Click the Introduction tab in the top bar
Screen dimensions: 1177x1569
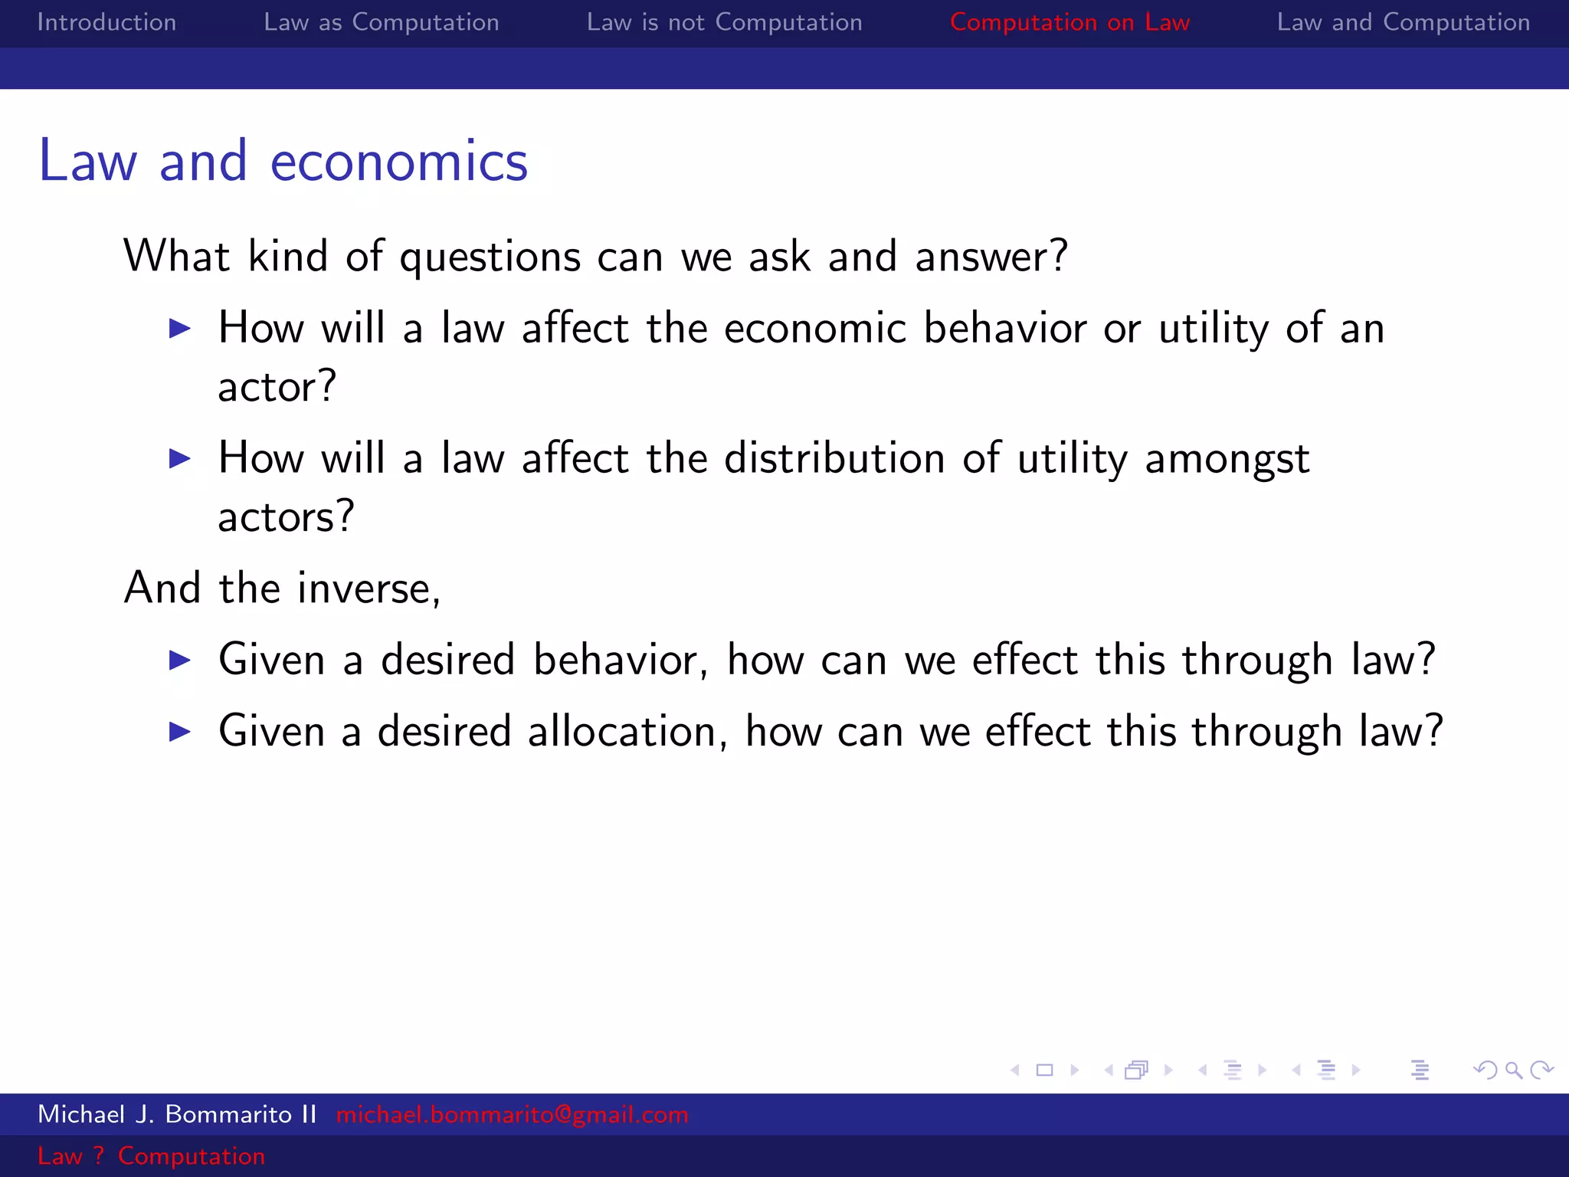[x=106, y=22]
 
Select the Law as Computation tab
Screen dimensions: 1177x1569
[x=381, y=22]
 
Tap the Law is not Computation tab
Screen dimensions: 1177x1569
[x=724, y=22]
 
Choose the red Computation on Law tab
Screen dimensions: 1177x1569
[x=1069, y=22]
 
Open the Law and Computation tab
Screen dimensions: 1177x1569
[x=1403, y=22]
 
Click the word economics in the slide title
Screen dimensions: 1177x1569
[x=398, y=162]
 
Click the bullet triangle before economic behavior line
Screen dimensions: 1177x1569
[x=180, y=329]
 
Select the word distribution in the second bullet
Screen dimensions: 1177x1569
[x=834, y=458]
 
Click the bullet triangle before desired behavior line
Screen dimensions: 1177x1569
[x=180, y=660]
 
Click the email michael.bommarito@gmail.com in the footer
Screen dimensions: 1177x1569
[x=512, y=1114]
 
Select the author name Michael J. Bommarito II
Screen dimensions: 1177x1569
[x=177, y=1114]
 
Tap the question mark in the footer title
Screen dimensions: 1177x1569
[x=98, y=1156]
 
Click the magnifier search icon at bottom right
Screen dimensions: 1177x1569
[x=1513, y=1070]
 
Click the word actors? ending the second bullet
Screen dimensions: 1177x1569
[x=286, y=516]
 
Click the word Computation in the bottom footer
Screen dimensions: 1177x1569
[x=192, y=1156]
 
